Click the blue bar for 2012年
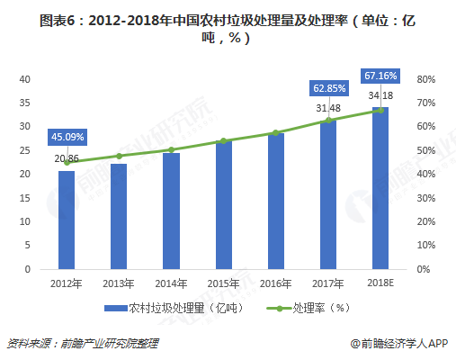point(67,220)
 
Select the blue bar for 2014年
point(171,211)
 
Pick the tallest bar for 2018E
point(380,188)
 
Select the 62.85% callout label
point(328,88)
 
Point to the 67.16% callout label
point(380,74)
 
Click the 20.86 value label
point(67,158)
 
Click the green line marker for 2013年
point(119,156)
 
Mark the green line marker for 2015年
point(223,141)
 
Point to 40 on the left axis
point(25,79)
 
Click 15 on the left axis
point(25,198)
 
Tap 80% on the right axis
point(425,79)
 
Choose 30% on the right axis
point(425,198)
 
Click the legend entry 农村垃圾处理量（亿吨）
point(167,307)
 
